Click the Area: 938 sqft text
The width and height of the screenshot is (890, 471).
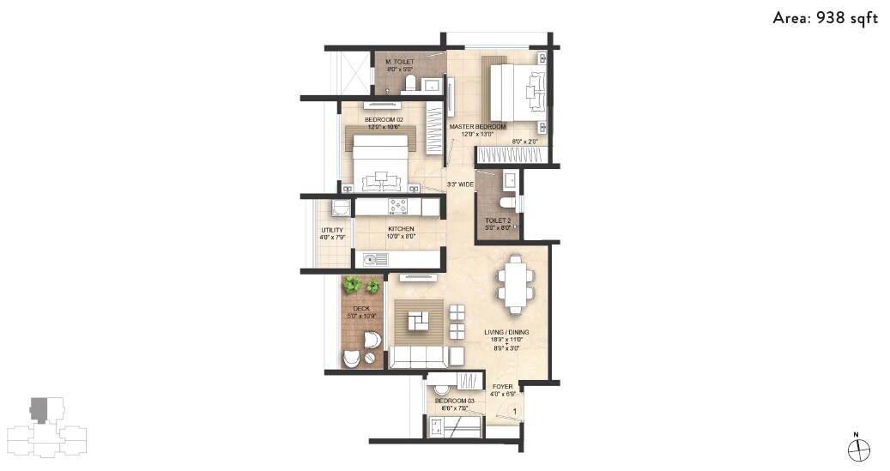(825, 18)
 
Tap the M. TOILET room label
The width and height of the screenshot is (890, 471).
(400, 63)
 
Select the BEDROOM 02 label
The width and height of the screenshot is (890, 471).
(384, 119)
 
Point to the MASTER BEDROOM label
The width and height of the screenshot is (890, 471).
(478, 127)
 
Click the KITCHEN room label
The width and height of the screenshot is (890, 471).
(401, 229)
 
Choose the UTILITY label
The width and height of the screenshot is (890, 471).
(332, 230)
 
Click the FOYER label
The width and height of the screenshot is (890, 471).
(502, 387)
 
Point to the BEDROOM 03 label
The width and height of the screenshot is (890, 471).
(454, 401)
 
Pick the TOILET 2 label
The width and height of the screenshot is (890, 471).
(498, 221)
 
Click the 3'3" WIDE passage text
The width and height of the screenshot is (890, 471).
(461, 184)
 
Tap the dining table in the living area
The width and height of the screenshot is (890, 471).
(515, 282)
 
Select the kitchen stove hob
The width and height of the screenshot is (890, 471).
(399, 206)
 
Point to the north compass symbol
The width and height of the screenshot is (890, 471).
(858, 449)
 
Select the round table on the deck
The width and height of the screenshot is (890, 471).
(370, 341)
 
